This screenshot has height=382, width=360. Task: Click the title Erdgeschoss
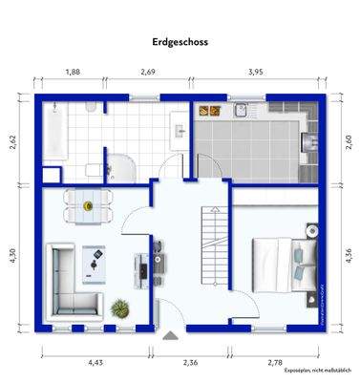pyautogui.click(x=180, y=42)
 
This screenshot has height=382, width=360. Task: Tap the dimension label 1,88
pyautogui.click(x=72, y=72)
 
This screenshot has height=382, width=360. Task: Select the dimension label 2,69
pyautogui.click(x=148, y=72)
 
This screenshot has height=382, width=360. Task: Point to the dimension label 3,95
pyautogui.click(x=256, y=72)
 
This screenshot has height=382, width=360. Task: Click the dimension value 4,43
pyautogui.click(x=95, y=362)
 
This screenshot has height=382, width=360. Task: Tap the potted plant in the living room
pyautogui.click(x=121, y=308)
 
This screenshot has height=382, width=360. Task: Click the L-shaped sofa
pyautogui.click(x=68, y=282)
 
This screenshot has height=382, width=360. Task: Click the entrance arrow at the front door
pyautogui.click(x=170, y=336)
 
